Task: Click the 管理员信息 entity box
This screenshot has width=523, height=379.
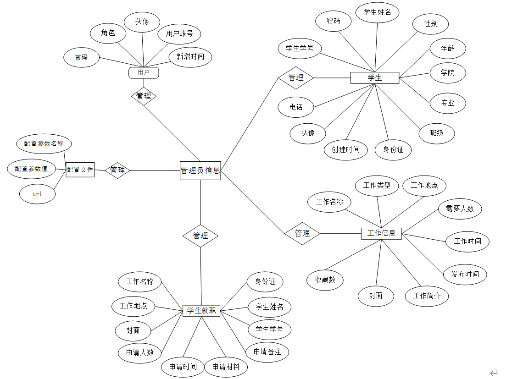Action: tap(200, 170)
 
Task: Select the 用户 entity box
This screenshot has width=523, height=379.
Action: tap(144, 72)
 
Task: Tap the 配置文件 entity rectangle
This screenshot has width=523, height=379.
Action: tap(80, 170)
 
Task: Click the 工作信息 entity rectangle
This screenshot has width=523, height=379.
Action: tap(381, 233)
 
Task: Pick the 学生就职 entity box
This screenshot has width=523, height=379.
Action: tap(201, 311)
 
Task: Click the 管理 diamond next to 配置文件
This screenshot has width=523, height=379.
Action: tap(117, 170)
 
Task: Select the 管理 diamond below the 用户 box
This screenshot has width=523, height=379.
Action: tap(144, 96)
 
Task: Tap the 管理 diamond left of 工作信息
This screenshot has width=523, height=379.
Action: tap(302, 233)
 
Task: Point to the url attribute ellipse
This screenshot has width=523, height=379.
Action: tap(37, 194)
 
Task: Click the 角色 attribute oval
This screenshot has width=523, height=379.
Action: tap(108, 33)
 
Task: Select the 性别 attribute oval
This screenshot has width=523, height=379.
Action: tap(430, 24)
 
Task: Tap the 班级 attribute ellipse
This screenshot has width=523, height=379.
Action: tap(436, 133)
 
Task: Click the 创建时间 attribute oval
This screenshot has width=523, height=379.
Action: tap(346, 149)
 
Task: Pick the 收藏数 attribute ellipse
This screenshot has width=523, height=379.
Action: tap(325, 280)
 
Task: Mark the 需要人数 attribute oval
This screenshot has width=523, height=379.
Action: tap(460, 209)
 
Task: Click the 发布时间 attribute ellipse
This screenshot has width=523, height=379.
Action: tap(465, 274)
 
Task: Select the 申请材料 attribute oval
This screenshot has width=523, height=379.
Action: tap(226, 367)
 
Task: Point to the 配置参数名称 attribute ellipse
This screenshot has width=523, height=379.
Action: tap(44, 143)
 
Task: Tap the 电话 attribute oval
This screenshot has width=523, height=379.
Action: tap(296, 107)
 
